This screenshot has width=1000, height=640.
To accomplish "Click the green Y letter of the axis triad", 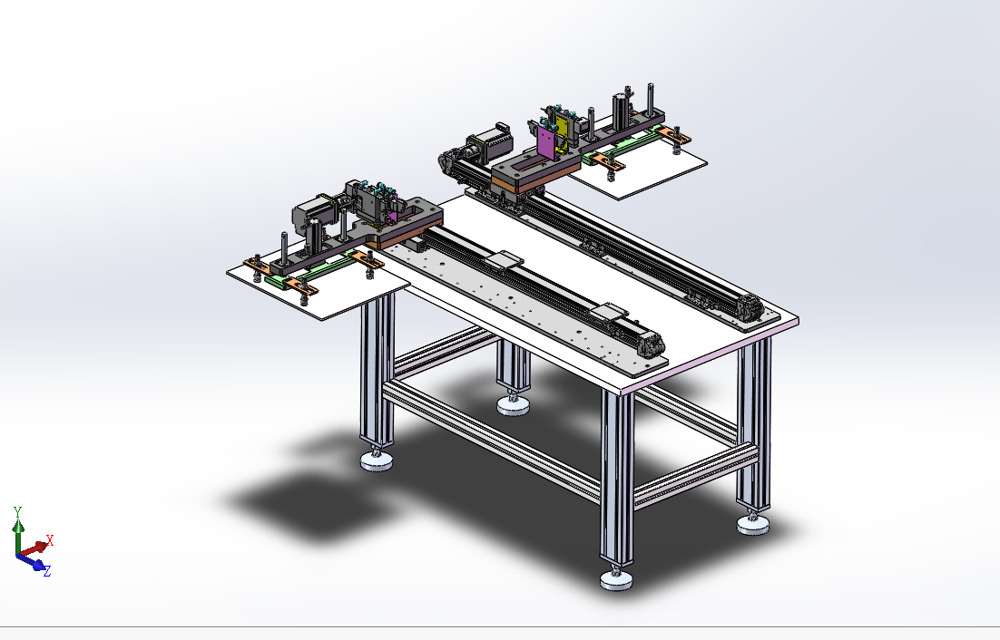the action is coord(18,510).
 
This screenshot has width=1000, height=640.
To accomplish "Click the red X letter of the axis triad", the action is coord(49,540).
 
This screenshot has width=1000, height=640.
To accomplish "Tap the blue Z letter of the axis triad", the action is coord(46,571).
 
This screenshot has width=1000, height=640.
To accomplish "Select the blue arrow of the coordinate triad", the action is coord(32,562).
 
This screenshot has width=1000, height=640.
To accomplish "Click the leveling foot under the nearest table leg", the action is coord(616,578).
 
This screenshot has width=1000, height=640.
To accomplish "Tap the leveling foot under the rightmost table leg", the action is coord(753,523).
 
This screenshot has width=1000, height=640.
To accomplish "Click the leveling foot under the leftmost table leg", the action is coord(377,460).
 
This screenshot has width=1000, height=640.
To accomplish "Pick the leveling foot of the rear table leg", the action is coord(513,405).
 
